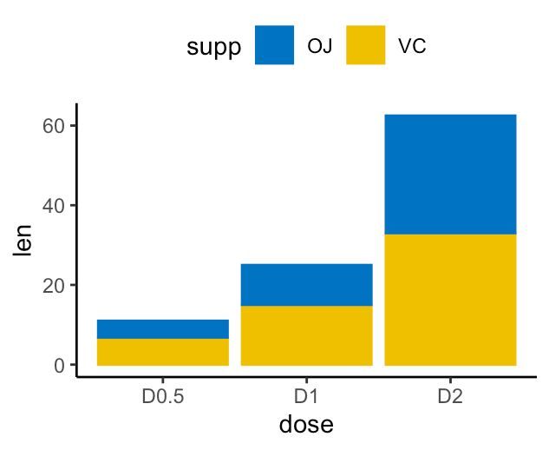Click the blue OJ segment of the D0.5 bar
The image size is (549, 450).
coord(163,329)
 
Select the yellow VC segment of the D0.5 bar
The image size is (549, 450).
coord(163,352)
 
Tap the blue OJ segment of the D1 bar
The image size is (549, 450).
coord(306,285)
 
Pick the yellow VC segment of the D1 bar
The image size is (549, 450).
coord(306,335)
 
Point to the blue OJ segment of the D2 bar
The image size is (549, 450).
coord(450,175)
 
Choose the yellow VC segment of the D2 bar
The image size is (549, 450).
coord(450,300)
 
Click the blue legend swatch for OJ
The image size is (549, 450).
coord(275,45)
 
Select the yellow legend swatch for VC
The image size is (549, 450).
coord(366,45)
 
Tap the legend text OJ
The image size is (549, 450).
coord(319,46)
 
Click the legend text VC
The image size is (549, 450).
coord(411,46)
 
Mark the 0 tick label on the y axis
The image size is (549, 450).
coord(60,365)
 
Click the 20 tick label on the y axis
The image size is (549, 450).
coord(55,285)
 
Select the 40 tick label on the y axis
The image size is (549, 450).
coord(55,206)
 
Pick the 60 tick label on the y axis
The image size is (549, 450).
coord(55,126)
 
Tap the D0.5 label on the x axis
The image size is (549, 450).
coord(163,397)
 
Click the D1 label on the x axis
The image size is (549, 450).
coord(306,397)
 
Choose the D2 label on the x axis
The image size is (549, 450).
coord(450,397)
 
